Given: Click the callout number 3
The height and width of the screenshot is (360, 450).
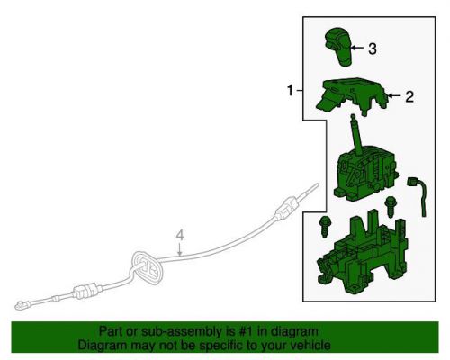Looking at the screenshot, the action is pos(373,49).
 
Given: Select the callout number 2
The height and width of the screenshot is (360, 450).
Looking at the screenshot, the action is pos(409,96).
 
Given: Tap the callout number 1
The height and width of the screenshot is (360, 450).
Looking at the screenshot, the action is pos(290,90).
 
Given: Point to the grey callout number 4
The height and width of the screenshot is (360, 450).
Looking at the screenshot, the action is pos(180,236).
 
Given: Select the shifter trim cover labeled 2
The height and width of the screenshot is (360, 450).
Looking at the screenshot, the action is pos(353,97).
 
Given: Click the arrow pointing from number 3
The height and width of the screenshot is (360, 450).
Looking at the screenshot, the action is pos(357,48).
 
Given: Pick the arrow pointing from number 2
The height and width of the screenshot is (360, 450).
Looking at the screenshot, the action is pos(394,96).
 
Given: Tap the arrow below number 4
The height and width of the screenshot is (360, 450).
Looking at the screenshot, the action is pos(179,250).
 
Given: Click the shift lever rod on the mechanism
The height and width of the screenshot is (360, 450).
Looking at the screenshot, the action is pos(356,134).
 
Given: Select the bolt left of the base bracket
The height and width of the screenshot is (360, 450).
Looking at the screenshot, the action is pos(324,226).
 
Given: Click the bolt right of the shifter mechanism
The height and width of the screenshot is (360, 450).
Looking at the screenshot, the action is pos(391,207).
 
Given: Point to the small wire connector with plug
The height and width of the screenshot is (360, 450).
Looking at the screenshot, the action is pos(418,196).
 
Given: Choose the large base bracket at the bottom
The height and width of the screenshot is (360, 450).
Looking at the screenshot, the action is pos(362,253).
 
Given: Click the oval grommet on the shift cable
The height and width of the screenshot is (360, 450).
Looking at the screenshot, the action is pos(147,266).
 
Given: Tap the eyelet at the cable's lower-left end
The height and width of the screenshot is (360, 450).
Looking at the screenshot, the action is pos(21,305).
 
